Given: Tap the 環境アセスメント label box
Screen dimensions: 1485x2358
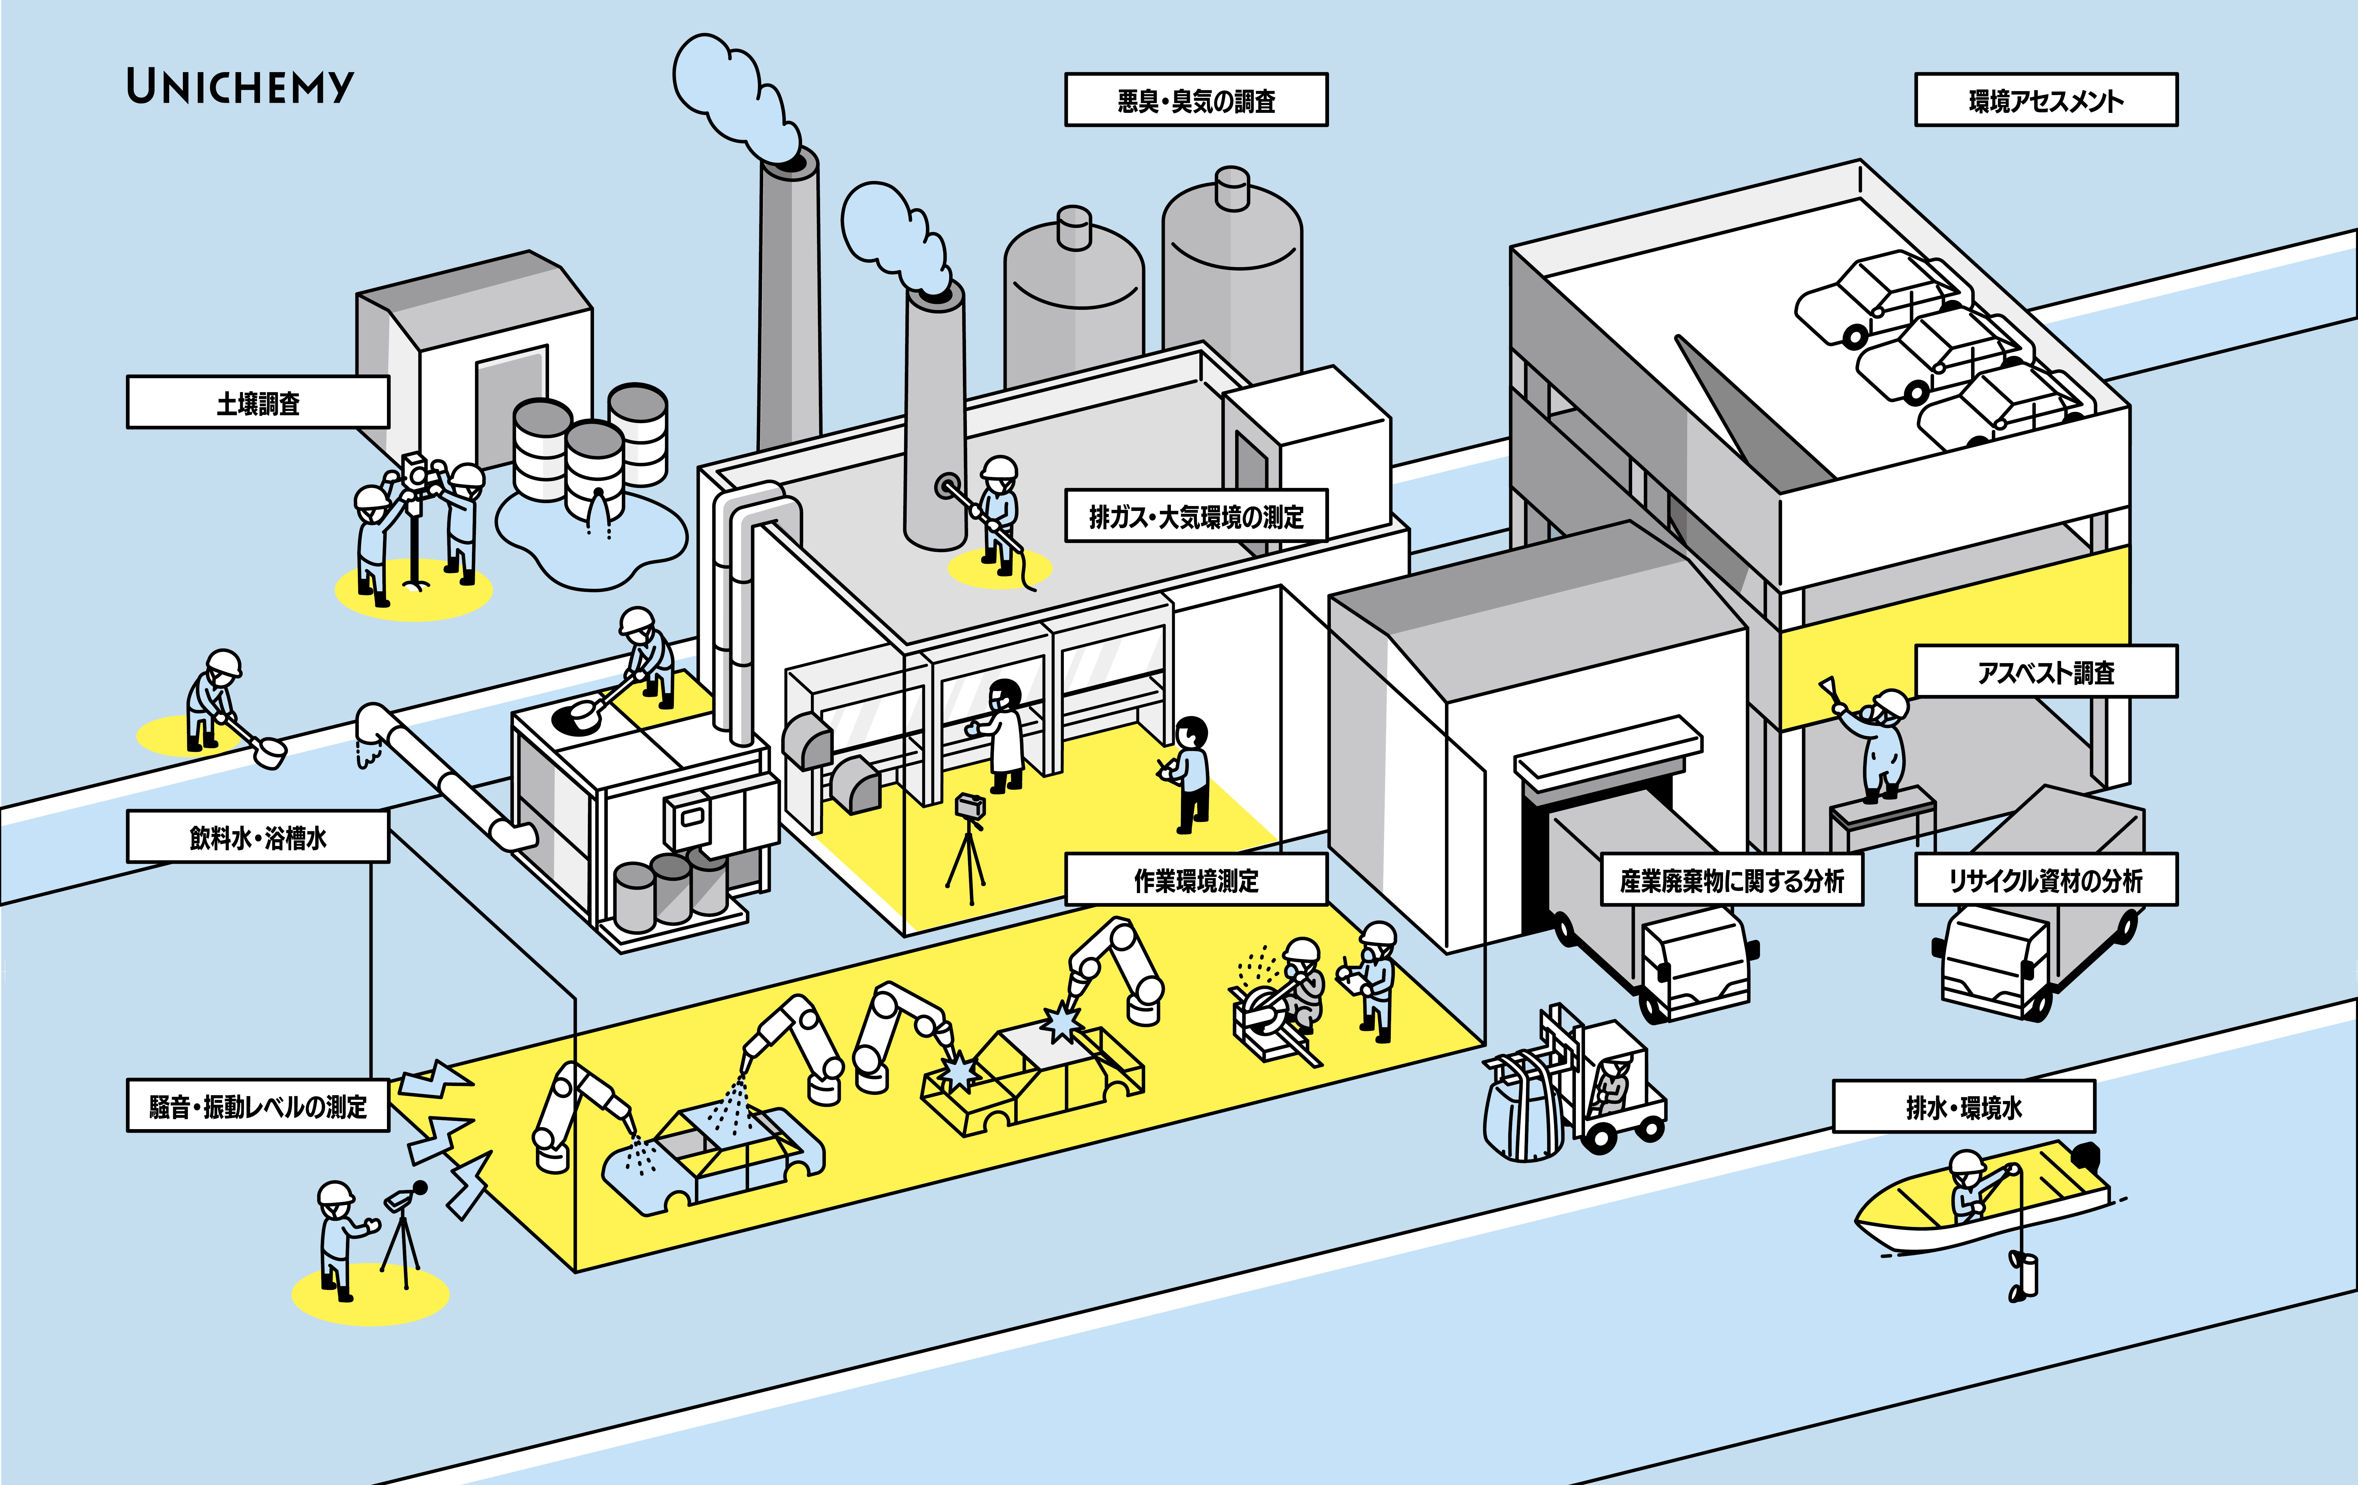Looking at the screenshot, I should pyautogui.click(x=2046, y=100).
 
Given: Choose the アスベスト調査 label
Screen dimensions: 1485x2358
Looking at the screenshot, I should pyautogui.click(x=2046, y=671).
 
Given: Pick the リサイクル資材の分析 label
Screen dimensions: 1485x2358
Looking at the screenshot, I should pyautogui.click(x=2046, y=880).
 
